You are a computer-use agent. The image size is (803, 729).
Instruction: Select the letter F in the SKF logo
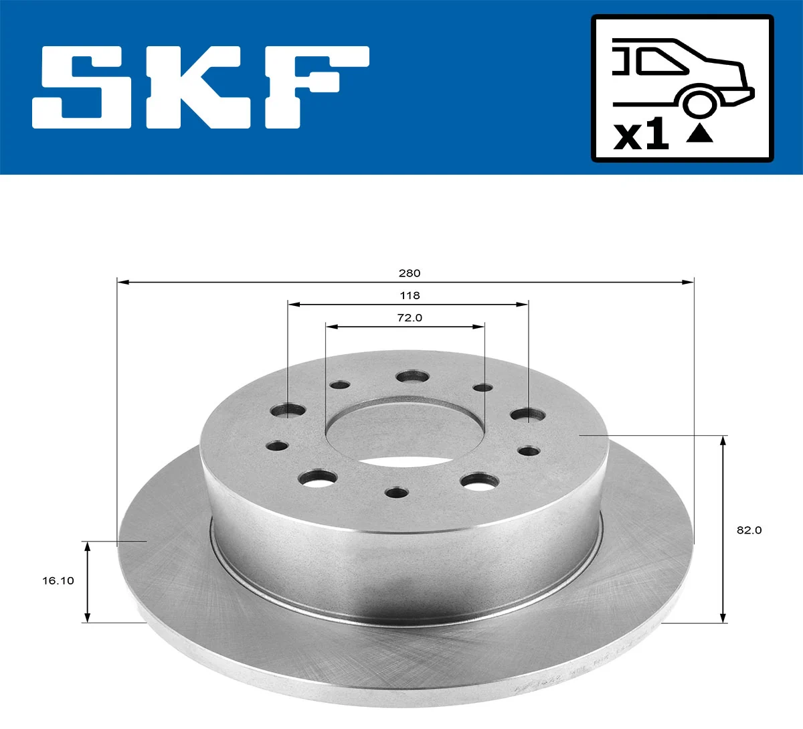pos(315,87)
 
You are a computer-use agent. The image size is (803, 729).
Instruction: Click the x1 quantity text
pos(641,135)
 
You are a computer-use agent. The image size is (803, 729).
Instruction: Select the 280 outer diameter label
pos(409,273)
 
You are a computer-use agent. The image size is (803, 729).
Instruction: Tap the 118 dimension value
pos(410,295)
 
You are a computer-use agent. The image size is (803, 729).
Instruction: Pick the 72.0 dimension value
pos(410,318)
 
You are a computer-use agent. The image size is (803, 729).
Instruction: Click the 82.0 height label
pos(749,530)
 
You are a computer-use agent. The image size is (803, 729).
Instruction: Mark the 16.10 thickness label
pos(58,581)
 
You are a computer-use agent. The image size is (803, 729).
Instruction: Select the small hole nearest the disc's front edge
pos(397,493)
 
